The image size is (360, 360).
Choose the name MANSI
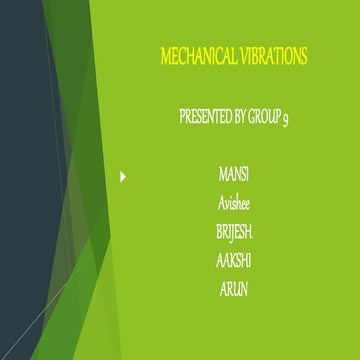tap(233, 175)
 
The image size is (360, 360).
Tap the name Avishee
tap(233, 204)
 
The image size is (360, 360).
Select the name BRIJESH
tap(233, 232)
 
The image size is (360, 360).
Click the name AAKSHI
tap(233, 260)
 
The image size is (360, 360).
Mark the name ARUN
tap(233, 289)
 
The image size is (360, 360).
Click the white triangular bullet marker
tap(123, 177)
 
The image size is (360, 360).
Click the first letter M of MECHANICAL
tap(165, 58)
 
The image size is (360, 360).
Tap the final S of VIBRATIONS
tap(303, 58)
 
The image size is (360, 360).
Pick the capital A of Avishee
tap(221, 204)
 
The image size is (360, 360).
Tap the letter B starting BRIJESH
tap(219, 232)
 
